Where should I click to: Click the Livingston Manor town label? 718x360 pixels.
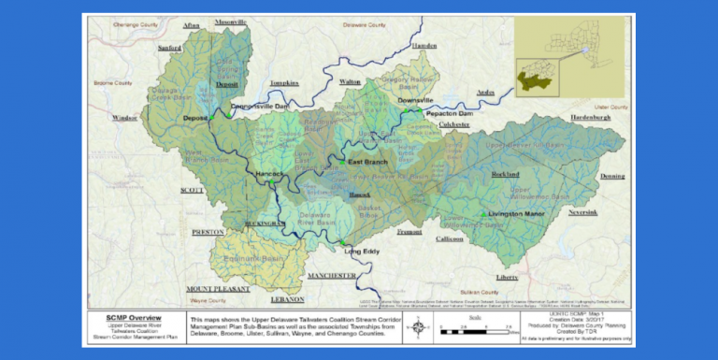(x=514, y=215)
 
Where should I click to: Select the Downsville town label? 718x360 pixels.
(x=415, y=100)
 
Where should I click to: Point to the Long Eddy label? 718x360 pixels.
(x=361, y=252)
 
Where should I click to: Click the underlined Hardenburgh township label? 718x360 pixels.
(x=590, y=118)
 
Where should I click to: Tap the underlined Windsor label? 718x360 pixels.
(x=124, y=118)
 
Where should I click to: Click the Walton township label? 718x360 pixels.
(x=350, y=82)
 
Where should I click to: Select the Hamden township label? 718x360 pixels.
(x=424, y=46)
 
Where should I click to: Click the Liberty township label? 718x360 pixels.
(x=507, y=278)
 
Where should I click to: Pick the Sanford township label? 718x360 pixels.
(x=170, y=47)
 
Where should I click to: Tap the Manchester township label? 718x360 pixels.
(x=332, y=276)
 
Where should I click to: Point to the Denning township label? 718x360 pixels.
(x=612, y=176)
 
